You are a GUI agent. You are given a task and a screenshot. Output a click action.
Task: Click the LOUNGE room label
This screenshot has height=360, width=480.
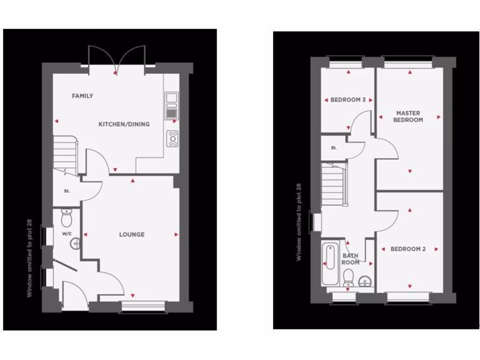tap(132, 234)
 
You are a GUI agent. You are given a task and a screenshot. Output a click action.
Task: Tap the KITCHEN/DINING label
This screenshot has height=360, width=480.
tap(124, 124)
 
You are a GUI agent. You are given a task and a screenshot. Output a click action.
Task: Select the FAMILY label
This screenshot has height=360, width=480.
tap(82, 96)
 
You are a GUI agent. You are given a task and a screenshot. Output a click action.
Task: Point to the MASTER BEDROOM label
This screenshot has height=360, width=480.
tap(408, 116)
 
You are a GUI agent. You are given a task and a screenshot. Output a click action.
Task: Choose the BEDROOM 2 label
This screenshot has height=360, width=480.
tap(408, 249)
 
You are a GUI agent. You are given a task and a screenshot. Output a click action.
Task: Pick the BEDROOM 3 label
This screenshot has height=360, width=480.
tap(348, 100)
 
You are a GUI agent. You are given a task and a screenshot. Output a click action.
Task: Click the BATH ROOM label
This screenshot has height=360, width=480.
tap(350, 259)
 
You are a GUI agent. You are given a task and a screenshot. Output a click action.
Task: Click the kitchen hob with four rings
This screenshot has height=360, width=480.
tap(172, 139)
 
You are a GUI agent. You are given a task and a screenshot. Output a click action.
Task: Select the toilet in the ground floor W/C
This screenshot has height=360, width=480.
tap(67, 217)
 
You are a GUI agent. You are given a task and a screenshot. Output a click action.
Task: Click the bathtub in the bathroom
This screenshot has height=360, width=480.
tap(330, 263)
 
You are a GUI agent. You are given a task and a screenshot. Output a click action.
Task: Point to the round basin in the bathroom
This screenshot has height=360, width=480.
tap(365, 281)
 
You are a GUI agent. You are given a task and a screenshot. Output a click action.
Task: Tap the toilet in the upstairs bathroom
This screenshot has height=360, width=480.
tap(348, 278)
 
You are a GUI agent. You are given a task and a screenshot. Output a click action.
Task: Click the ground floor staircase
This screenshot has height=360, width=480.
tap(65, 152)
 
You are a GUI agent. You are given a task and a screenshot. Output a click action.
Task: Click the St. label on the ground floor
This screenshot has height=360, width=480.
tap(67, 191)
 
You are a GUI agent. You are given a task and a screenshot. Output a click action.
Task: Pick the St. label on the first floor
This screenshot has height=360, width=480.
tap(334, 148)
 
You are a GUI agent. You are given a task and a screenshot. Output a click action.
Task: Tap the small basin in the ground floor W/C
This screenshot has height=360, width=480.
tap(75, 243)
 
